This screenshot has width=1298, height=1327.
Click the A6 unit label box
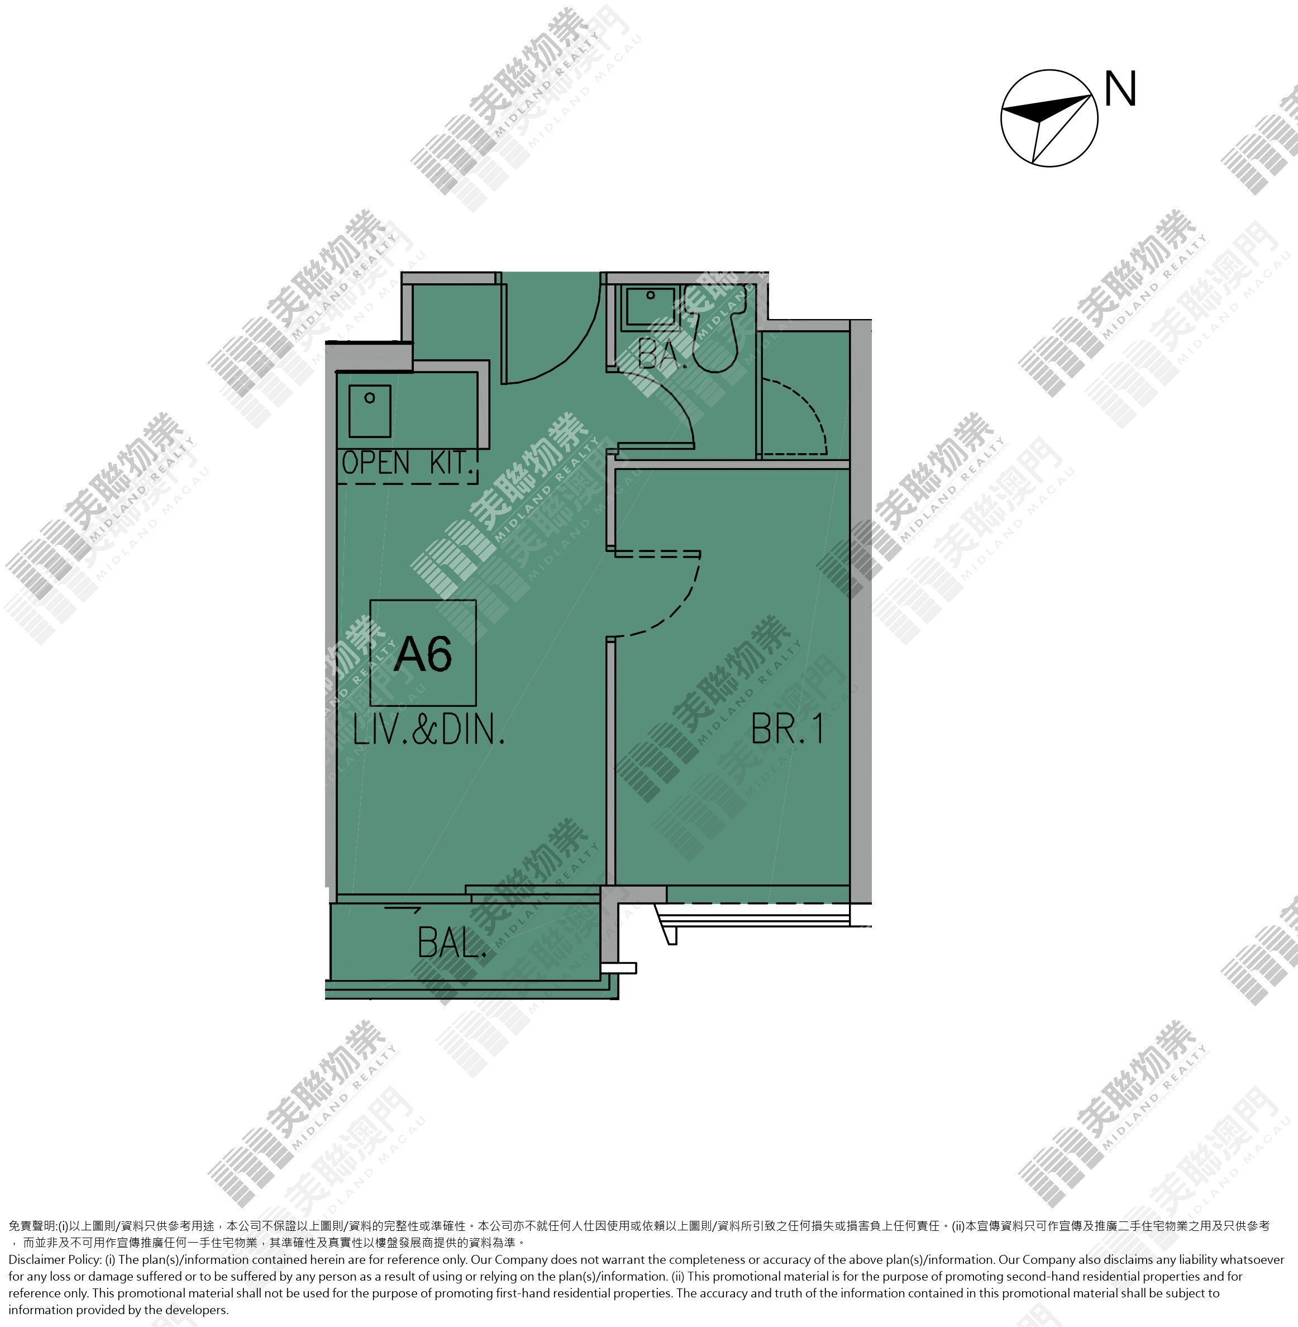coord(423,653)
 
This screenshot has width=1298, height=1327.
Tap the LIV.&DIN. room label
coord(429,730)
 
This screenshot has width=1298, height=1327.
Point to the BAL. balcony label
coord(452,943)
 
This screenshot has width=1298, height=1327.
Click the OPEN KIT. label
coord(408,463)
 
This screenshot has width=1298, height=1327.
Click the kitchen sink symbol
coord(370,411)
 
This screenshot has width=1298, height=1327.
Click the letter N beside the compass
coord(1120,89)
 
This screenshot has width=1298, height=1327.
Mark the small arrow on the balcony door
coord(403,909)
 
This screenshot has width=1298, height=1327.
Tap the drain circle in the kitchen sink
coord(370,398)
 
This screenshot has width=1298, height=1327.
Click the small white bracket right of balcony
coord(618,968)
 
